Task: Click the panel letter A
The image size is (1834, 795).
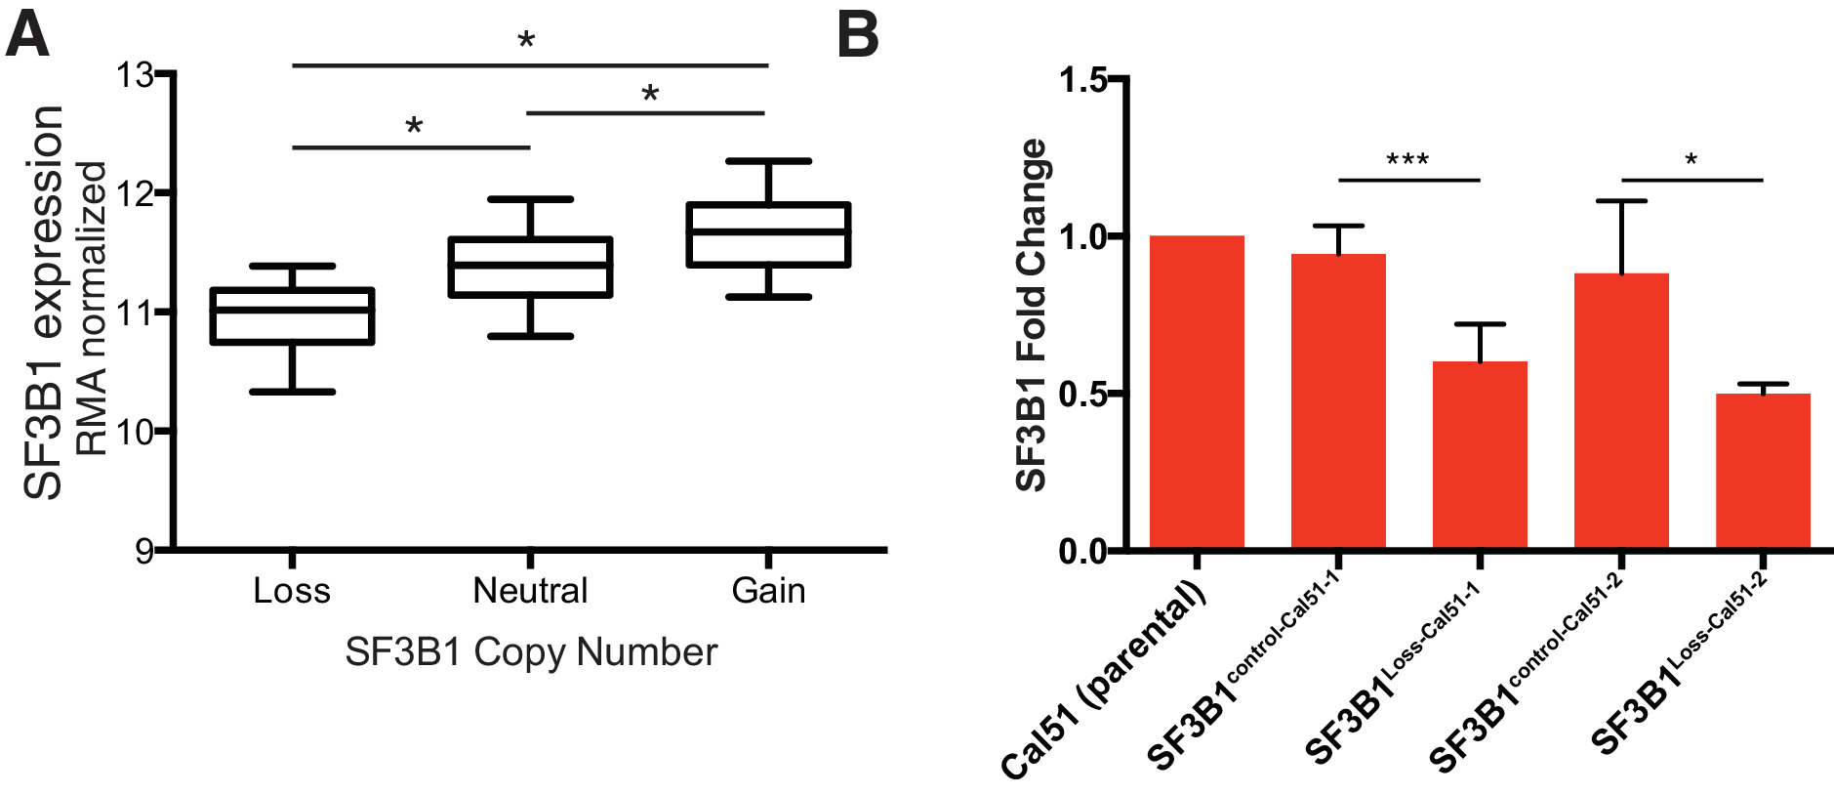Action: pyautogui.click(x=27, y=36)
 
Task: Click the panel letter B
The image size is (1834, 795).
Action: pyautogui.click(x=858, y=36)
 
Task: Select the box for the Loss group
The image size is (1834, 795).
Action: pyautogui.click(x=293, y=315)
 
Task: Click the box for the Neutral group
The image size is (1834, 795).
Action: pyautogui.click(x=530, y=267)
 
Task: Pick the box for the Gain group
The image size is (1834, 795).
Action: pyautogui.click(x=768, y=234)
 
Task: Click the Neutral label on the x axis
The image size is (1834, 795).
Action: pyautogui.click(x=530, y=591)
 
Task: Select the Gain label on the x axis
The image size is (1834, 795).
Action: pyautogui.click(x=768, y=591)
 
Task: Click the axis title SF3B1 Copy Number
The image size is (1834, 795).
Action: pyautogui.click(x=530, y=651)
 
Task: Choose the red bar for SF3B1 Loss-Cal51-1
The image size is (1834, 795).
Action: pyautogui.click(x=1480, y=454)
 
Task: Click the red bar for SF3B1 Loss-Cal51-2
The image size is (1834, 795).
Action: pyautogui.click(x=1763, y=471)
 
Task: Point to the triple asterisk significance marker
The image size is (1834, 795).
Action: pyautogui.click(x=1407, y=159)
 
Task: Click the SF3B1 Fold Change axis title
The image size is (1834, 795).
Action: pyautogui.click(x=1032, y=314)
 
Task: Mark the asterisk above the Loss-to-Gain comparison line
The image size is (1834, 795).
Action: pyautogui.click(x=526, y=41)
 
